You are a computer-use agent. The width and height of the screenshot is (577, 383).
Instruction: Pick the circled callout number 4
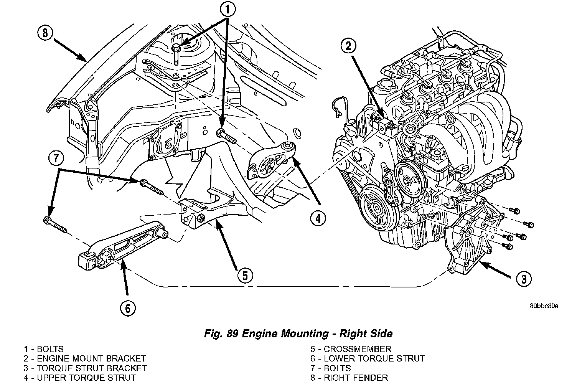[318, 218]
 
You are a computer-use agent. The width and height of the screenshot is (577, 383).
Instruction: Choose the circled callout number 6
[128, 307]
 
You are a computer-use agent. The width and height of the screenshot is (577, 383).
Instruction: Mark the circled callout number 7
[56, 158]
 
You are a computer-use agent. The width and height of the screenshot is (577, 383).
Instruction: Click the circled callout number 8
[45, 33]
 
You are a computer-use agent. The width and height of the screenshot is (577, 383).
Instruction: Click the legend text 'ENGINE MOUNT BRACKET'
[91, 359]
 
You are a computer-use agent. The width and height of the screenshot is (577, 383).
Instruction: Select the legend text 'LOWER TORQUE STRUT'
[374, 359]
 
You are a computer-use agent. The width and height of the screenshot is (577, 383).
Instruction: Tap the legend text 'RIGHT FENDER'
[356, 378]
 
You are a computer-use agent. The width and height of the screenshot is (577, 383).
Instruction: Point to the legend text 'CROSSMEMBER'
[357, 349]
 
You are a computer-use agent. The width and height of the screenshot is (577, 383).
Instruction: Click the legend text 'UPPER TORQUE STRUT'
[86, 378]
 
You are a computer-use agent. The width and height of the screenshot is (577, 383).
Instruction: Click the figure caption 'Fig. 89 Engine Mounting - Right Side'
[298, 333]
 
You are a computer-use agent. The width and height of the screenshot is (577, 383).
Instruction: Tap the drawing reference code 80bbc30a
[544, 306]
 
